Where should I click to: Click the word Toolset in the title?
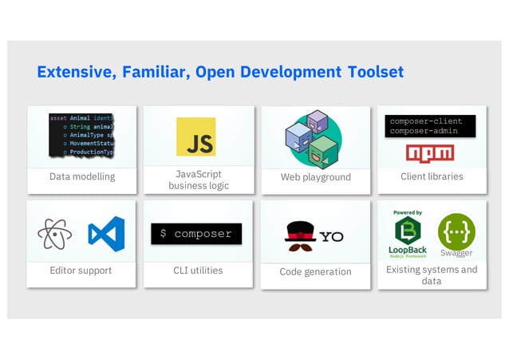point(375,72)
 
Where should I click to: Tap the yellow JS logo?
point(195,136)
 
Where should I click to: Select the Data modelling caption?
point(82,176)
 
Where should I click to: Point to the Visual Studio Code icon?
point(106,234)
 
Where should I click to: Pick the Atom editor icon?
point(54,234)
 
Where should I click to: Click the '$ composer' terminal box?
point(196,234)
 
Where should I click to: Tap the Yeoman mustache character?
point(300,235)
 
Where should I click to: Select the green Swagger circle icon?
point(456,231)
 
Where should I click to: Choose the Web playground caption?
point(316,177)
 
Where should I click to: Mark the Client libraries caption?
point(432,176)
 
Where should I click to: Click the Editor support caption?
point(81,271)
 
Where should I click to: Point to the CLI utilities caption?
point(198,271)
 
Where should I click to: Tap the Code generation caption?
point(315,271)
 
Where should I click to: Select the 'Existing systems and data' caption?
point(432,275)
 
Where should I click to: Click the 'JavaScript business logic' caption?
point(199,180)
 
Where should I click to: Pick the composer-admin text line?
point(426,131)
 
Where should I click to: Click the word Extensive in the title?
point(76,72)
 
